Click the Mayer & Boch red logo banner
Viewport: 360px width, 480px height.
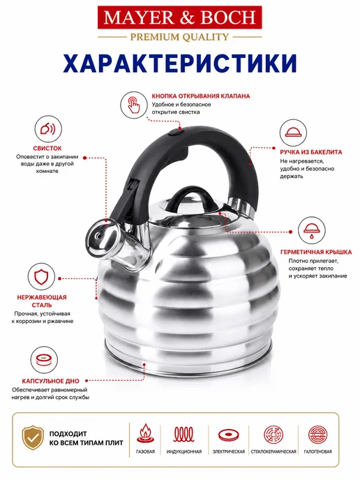(x=180, y=17)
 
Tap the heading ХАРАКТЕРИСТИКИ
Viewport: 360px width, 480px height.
(x=180, y=63)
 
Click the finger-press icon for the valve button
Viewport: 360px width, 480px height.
(x=134, y=105)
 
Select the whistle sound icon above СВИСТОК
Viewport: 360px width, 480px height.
(x=47, y=129)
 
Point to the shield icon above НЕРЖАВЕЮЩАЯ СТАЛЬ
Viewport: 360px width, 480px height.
(x=41, y=277)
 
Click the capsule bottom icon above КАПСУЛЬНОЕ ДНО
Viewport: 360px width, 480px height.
(x=44, y=360)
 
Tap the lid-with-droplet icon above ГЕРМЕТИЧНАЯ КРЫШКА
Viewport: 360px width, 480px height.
(x=312, y=230)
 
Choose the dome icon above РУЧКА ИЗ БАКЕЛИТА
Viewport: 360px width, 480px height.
(x=293, y=133)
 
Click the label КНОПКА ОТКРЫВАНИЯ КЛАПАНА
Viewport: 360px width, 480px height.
(x=201, y=96)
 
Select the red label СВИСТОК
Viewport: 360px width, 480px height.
(x=47, y=149)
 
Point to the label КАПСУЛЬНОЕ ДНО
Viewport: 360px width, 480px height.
(x=50, y=381)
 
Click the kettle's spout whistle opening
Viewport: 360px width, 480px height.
(x=98, y=236)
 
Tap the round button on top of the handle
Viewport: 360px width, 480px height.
(x=176, y=133)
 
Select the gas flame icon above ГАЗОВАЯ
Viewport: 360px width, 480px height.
(x=145, y=433)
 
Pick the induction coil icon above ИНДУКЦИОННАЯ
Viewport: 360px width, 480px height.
(x=184, y=434)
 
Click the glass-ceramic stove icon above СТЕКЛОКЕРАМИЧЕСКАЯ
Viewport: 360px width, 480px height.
(x=273, y=435)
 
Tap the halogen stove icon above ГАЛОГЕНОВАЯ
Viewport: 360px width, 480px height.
(x=317, y=435)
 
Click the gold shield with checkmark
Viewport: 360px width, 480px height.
(x=33, y=437)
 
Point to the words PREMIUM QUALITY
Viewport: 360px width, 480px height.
(x=180, y=37)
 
